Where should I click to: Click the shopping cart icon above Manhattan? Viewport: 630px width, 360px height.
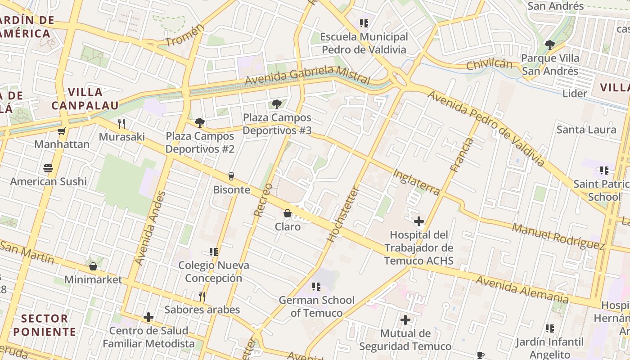click(x=62, y=131)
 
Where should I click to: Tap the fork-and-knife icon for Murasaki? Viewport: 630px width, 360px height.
click(x=121, y=124)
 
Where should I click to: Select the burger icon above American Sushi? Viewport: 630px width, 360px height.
click(x=49, y=168)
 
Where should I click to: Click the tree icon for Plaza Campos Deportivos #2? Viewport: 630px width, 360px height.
click(x=199, y=123)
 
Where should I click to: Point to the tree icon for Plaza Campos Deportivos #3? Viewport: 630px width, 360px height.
click(x=277, y=104)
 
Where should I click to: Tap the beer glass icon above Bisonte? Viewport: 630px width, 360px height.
click(x=231, y=176)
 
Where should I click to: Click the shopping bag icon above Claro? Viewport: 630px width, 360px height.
click(x=288, y=213)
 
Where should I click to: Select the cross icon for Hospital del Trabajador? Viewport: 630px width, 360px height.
click(x=419, y=221)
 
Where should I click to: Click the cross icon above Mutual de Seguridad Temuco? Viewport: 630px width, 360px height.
click(x=405, y=320)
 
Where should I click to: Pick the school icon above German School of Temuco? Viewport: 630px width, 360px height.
click(x=316, y=287)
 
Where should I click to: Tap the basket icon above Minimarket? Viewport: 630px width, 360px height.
click(x=93, y=266)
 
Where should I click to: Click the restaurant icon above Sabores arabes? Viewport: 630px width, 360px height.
click(x=202, y=296)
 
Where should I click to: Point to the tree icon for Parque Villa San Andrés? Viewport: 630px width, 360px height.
click(x=549, y=45)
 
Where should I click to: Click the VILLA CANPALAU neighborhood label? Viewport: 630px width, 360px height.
click(x=85, y=99)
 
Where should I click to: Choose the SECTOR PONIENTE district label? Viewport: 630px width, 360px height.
click(x=45, y=325)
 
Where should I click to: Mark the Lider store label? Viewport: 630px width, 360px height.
click(x=575, y=94)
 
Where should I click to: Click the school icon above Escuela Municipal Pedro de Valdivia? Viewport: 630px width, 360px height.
click(x=364, y=23)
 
